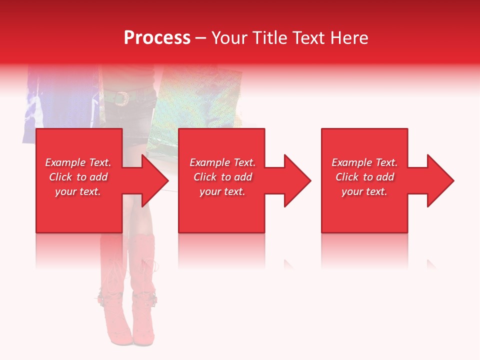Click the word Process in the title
point(157,38)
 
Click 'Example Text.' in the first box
point(78,162)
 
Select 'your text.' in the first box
point(78,191)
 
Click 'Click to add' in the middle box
point(222,177)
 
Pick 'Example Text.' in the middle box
point(222,162)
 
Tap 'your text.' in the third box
point(364,191)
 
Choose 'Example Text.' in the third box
point(364,162)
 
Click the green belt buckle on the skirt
point(120,98)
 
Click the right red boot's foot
point(143,330)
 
